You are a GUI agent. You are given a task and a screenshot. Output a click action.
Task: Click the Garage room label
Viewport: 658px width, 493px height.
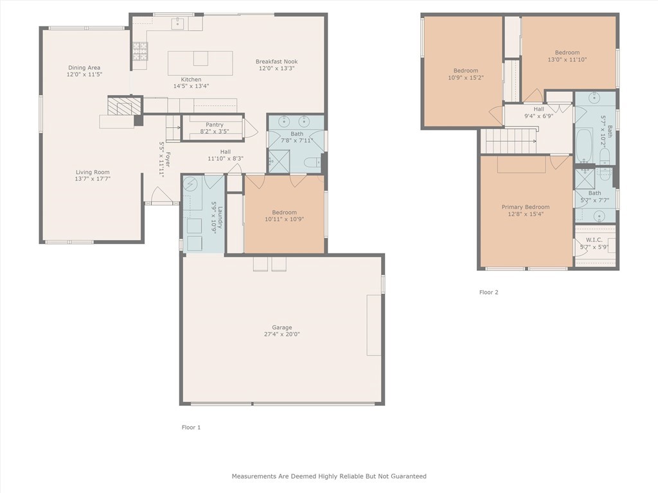tap(282, 327)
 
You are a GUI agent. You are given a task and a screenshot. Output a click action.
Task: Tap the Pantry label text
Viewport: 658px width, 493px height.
tap(215, 125)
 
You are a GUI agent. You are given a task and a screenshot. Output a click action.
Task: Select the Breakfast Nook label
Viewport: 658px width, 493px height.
tap(276, 62)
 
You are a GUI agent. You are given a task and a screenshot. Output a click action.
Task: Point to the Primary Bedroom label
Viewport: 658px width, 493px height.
tap(526, 207)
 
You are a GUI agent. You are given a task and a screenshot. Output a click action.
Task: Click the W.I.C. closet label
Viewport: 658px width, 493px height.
tap(594, 240)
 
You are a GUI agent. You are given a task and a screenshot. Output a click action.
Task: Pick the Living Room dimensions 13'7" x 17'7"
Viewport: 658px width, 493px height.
tap(93, 179)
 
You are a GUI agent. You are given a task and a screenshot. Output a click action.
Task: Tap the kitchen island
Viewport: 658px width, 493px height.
tap(200, 63)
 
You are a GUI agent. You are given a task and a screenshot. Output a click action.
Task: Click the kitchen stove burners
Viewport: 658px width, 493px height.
tap(140, 51)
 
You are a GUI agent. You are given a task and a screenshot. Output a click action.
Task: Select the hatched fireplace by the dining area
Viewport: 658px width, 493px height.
tap(120, 105)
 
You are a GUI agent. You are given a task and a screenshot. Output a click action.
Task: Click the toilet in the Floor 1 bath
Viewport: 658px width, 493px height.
tap(312, 162)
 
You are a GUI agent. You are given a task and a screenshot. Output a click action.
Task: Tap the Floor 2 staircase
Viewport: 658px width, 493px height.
tap(508, 141)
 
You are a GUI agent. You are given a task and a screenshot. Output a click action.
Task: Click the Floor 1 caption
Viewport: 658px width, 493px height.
tap(191, 428)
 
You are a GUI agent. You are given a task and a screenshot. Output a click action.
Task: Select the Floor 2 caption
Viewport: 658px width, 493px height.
tap(488, 292)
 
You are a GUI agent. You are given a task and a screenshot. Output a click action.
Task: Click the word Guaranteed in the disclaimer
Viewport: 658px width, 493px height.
tap(409, 476)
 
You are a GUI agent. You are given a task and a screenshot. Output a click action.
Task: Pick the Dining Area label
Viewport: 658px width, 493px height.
tap(84, 67)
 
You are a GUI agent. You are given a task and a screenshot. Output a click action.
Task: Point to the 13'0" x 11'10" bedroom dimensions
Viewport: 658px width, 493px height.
tap(567, 60)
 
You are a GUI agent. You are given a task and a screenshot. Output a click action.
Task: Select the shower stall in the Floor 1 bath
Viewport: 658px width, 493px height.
tap(279, 161)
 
